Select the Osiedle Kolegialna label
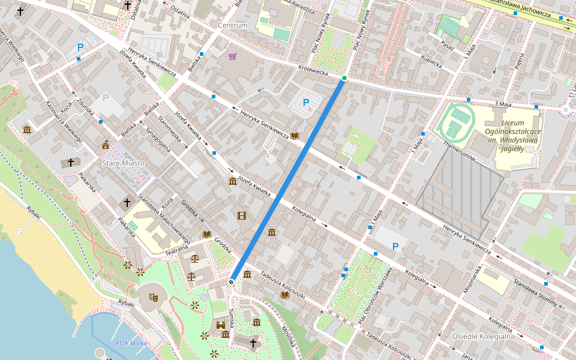click(x=484, y=336)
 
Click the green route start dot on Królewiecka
click(x=344, y=78)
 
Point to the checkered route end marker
click(x=232, y=281)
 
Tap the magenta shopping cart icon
click(x=232, y=56)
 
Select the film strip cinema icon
click(x=241, y=215)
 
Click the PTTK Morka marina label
click(x=130, y=343)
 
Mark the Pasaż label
click(x=446, y=46)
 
